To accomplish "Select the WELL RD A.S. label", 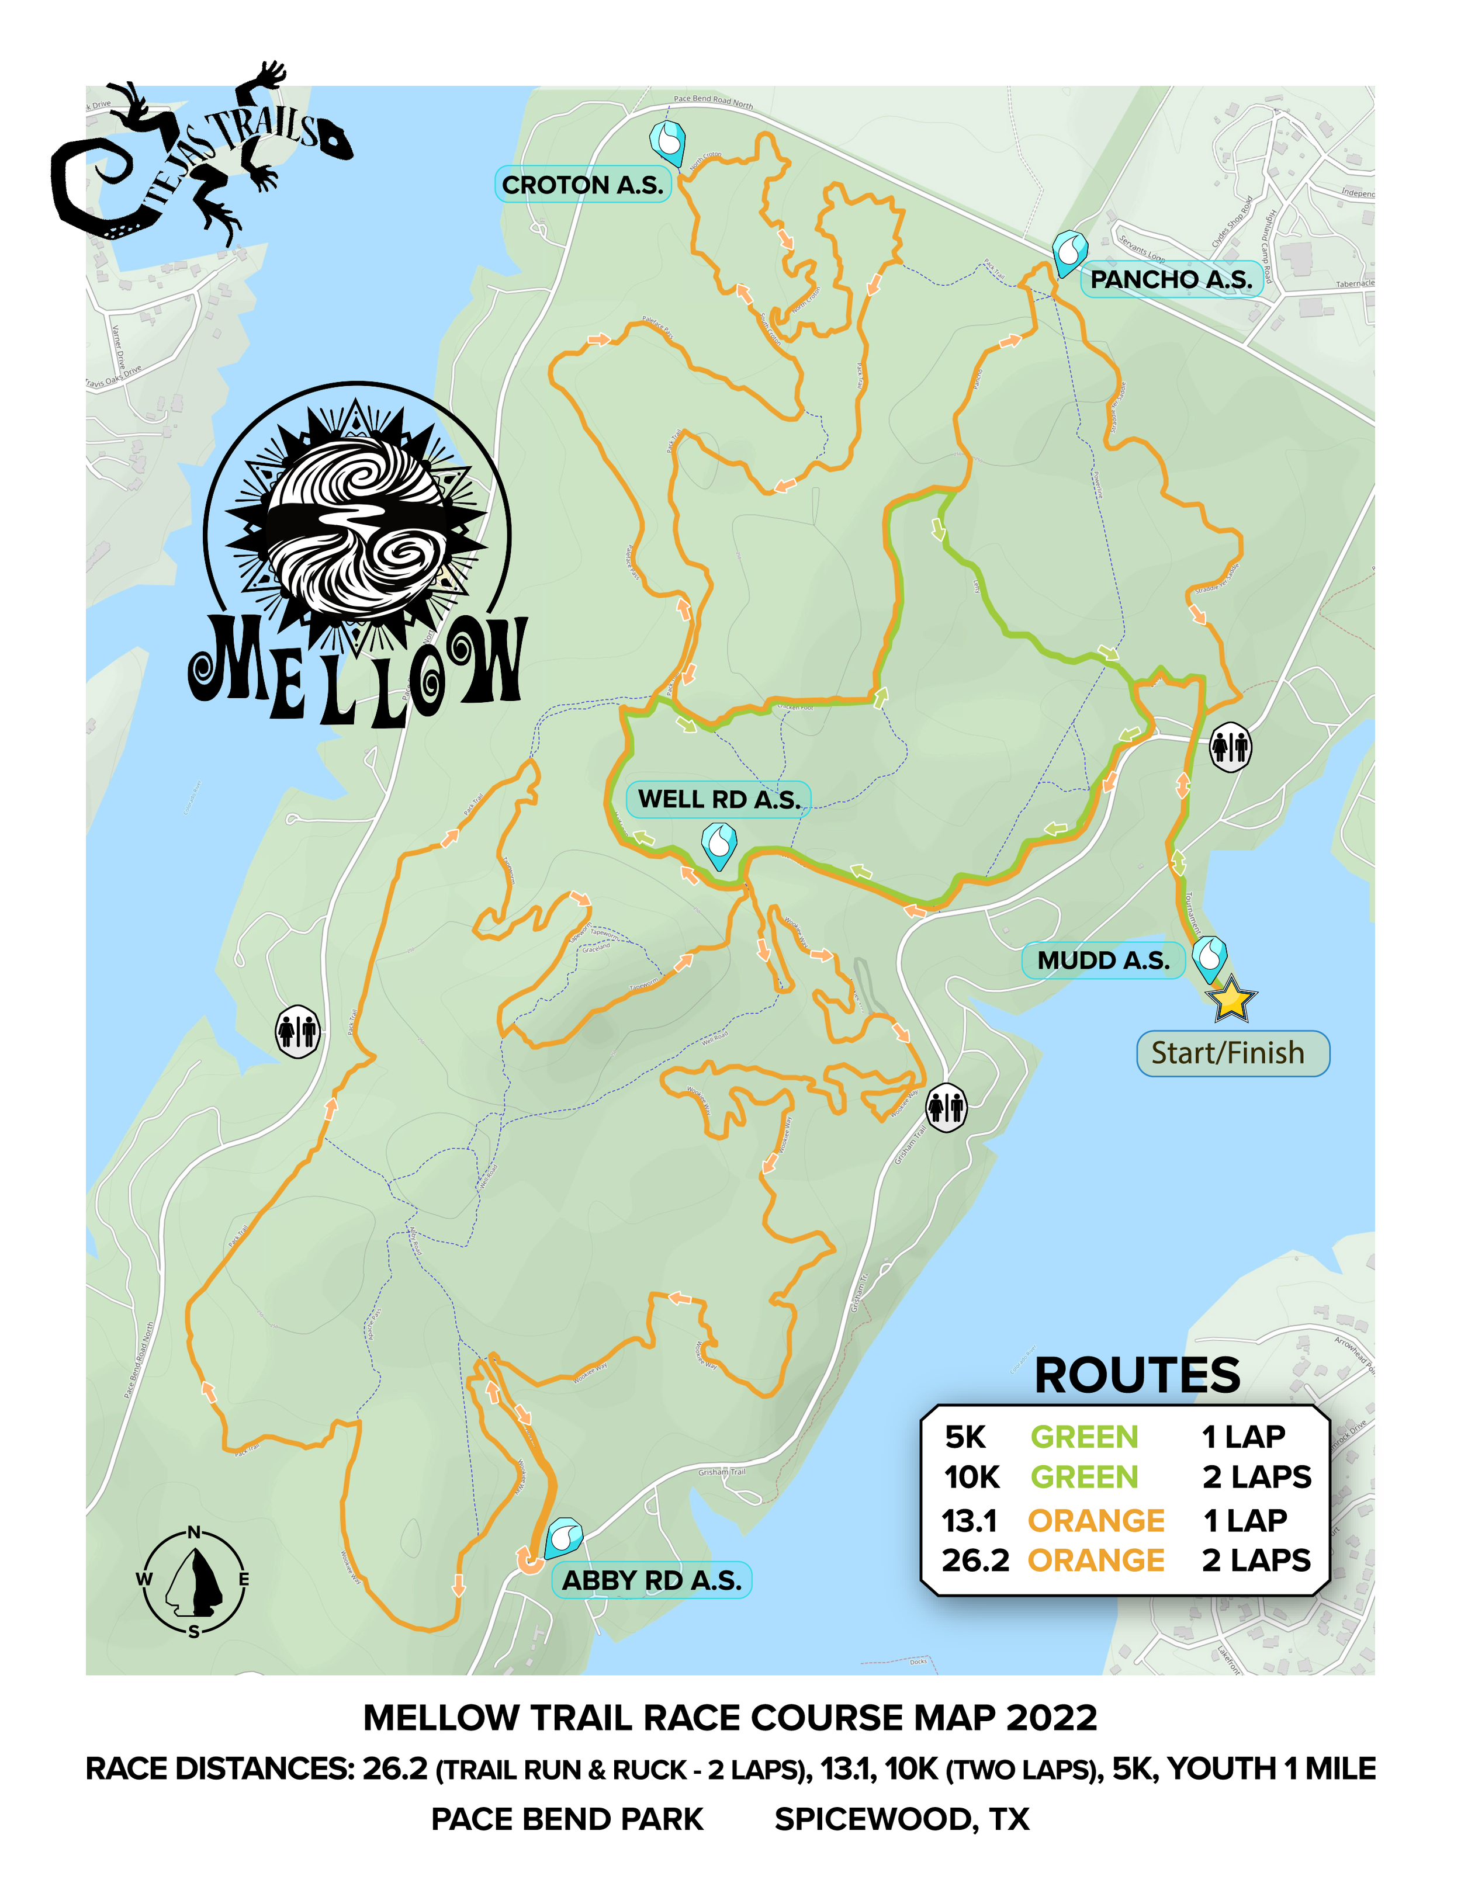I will click(718, 800).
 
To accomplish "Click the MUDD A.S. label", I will click(1103, 960).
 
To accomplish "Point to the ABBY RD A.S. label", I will click(652, 1580).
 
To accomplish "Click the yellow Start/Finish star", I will click(1231, 1000).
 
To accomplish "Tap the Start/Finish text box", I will click(1232, 1053).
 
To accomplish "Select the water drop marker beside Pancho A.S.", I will click(1070, 252).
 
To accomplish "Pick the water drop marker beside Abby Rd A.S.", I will click(563, 1538).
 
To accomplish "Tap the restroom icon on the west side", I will click(297, 1032).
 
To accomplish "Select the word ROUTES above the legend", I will click(1137, 1376).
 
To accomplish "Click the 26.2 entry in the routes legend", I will click(975, 1560).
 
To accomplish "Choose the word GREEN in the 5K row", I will click(1083, 1437).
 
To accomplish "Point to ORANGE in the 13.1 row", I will click(1095, 1521).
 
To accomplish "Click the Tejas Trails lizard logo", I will click(199, 156).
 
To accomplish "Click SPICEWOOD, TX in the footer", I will click(901, 1820).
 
